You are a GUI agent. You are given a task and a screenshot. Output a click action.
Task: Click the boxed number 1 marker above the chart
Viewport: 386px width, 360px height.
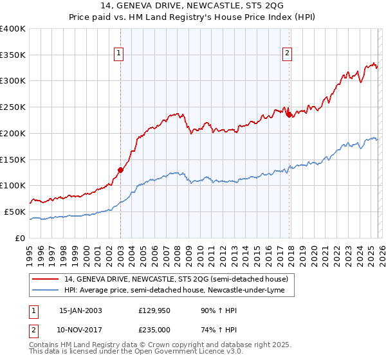(x=120, y=54)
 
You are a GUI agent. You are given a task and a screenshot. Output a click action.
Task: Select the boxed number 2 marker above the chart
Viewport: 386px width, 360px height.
(x=287, y=54)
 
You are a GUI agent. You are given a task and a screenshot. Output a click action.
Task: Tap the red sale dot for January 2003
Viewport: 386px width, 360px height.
(x=120, y=170)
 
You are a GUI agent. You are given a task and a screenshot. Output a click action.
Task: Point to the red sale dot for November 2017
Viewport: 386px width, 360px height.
(x=289, y=114)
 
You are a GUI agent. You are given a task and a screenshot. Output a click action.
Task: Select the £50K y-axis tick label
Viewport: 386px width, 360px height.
(x=15, y=212)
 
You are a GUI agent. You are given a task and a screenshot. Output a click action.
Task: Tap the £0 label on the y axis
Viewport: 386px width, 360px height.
(x=21, y=238)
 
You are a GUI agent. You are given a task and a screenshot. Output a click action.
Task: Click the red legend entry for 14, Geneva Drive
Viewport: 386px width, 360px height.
(x=179, y=279)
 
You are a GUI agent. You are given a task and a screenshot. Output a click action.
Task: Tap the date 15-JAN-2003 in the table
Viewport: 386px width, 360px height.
(x=80, y=310)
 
